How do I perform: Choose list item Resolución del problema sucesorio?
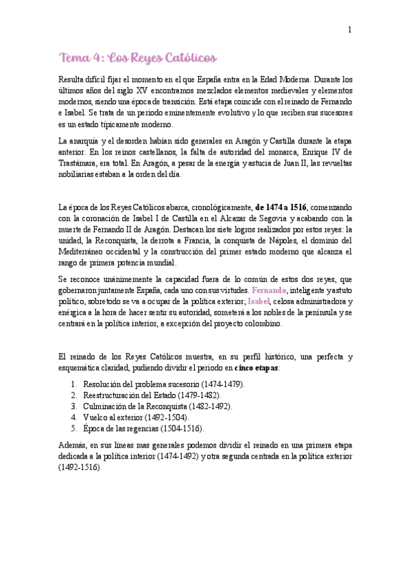click(x=163, y=384)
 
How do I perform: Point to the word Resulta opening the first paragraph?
click(x=73, y=80)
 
